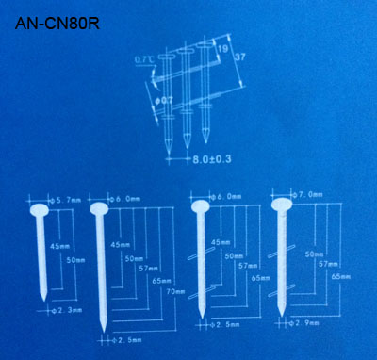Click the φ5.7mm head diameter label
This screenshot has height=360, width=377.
click(x=66, y=200)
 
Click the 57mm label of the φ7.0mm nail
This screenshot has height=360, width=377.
click(x=328, y=265)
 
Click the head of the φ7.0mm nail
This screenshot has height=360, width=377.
click(x=281, y=205)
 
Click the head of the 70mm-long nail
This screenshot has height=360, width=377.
click(x=98, y=209)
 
